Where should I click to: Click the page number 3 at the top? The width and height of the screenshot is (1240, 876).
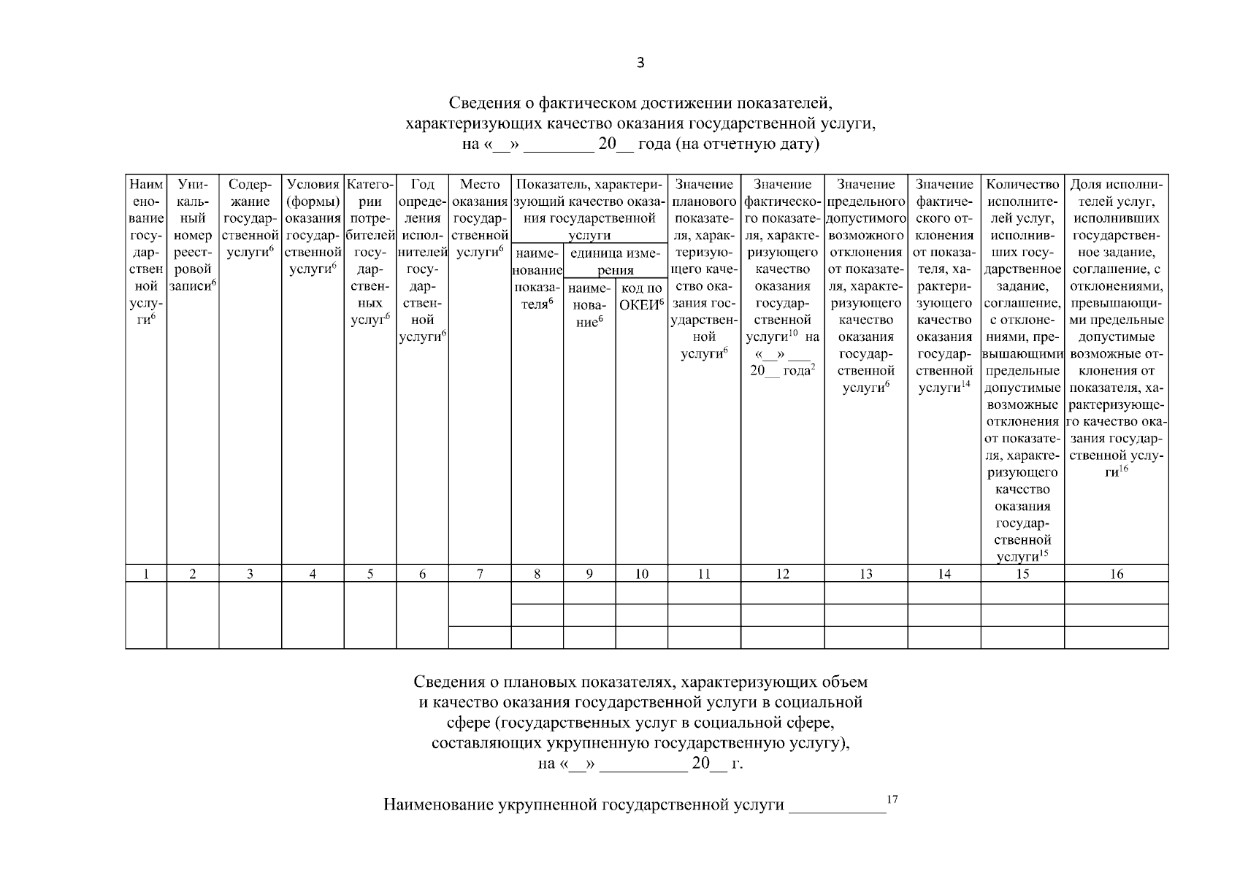point(640,64)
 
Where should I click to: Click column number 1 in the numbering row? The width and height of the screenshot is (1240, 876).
point(146,575)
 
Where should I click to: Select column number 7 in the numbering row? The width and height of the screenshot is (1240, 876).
point(480,575)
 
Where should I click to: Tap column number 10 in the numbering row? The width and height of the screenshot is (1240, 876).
point(641,575)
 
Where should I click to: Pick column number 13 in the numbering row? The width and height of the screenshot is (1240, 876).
point(865,575)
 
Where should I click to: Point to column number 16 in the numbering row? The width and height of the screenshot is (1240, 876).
point(1116,575)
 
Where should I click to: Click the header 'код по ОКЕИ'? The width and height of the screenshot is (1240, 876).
point(641,296)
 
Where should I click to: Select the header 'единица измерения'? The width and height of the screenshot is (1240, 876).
point(615,262)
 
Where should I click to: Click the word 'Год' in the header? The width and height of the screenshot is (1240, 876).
point(422,185)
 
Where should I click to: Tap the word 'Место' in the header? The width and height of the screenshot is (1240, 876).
point(480,185)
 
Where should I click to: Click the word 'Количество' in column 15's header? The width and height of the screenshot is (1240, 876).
point(1022,185)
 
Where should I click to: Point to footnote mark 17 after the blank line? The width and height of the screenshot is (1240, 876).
point(892,800)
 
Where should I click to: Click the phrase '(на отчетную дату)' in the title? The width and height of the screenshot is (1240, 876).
point(748,144)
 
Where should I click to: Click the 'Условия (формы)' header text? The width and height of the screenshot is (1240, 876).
point(313,193)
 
